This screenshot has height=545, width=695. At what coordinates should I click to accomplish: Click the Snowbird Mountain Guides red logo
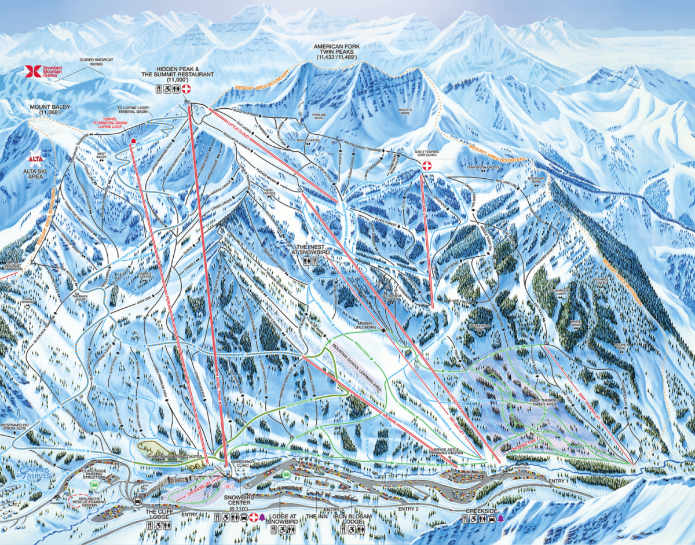tap(29, 71)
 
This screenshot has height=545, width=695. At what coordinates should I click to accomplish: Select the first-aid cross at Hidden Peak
tap(186, 89)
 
